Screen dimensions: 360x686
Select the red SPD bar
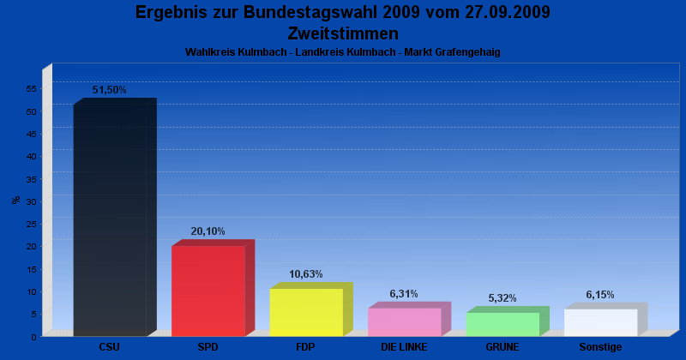(x=208, y=291)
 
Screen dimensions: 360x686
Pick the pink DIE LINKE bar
(x=404, y=321)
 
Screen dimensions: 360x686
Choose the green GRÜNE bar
(x=502, y=324)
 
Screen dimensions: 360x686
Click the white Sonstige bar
(x=600, y=322)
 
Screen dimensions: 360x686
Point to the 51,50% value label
(x=109, y=90)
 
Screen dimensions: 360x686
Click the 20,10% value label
(x=208, y=231)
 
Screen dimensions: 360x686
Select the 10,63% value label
(x=306, y=274)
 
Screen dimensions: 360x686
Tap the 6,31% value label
(x=404, y=294)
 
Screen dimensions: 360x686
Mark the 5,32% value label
(x=502, y=298)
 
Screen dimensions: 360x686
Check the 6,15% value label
(x=600, y=295)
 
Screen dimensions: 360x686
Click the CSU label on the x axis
(x=109, y=347)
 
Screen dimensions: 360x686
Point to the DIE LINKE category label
(x=404, y=347)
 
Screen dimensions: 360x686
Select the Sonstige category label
(x=600, y=347)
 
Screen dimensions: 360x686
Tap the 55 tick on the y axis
(x=30, y=89)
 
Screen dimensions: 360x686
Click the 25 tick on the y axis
(x=30, y=224)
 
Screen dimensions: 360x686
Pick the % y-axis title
(x=16, y=200)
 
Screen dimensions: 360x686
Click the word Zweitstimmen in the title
(x=343, y=33)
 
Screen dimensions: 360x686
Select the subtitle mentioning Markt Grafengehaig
(x=343, y=52)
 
